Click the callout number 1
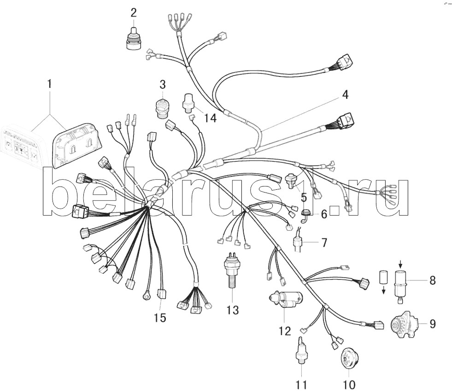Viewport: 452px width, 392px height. coord(49,84)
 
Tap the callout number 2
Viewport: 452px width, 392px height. coord(133,12)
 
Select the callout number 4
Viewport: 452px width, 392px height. coord(345,95)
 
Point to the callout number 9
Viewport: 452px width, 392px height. coord(432,323)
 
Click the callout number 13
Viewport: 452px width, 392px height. coord(233,310)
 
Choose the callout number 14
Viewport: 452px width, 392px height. coord(210,118)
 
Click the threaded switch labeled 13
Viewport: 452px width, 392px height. coord(230,269)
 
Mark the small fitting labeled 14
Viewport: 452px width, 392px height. coord(188,102)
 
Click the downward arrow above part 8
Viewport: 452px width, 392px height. coord(400,264)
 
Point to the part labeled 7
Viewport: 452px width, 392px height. coord(300,242)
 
